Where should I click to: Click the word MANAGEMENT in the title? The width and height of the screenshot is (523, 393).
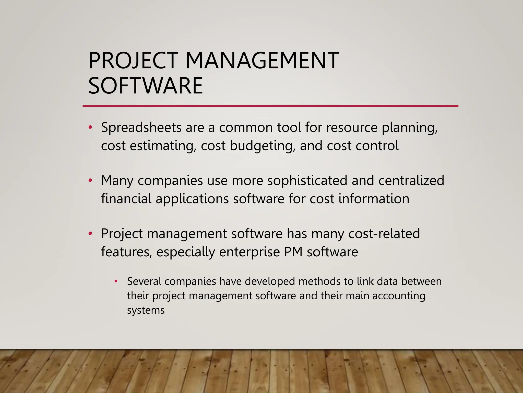tap(262, 61)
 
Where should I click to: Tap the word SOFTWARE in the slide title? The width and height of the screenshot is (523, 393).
tap(146, 86)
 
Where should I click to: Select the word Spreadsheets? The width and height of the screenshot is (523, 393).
tap(141, 127)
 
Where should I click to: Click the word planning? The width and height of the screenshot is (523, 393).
tap(410, 127)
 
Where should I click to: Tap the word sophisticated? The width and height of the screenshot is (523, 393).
tap(307, 180)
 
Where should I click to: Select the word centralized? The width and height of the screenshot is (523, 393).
tap(411, 180)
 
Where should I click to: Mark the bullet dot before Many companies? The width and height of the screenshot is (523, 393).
tap(90, 180)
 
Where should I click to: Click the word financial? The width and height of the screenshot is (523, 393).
tap(126, 199)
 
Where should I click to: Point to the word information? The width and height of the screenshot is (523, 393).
tap(374, 199)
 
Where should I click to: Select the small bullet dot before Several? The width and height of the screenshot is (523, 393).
tap(116, 281)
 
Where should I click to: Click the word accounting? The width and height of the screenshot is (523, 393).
tap(399, 296)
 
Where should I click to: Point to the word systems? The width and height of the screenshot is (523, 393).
tap(146, 311)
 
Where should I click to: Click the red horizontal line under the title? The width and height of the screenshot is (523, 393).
tap(270, 106)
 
